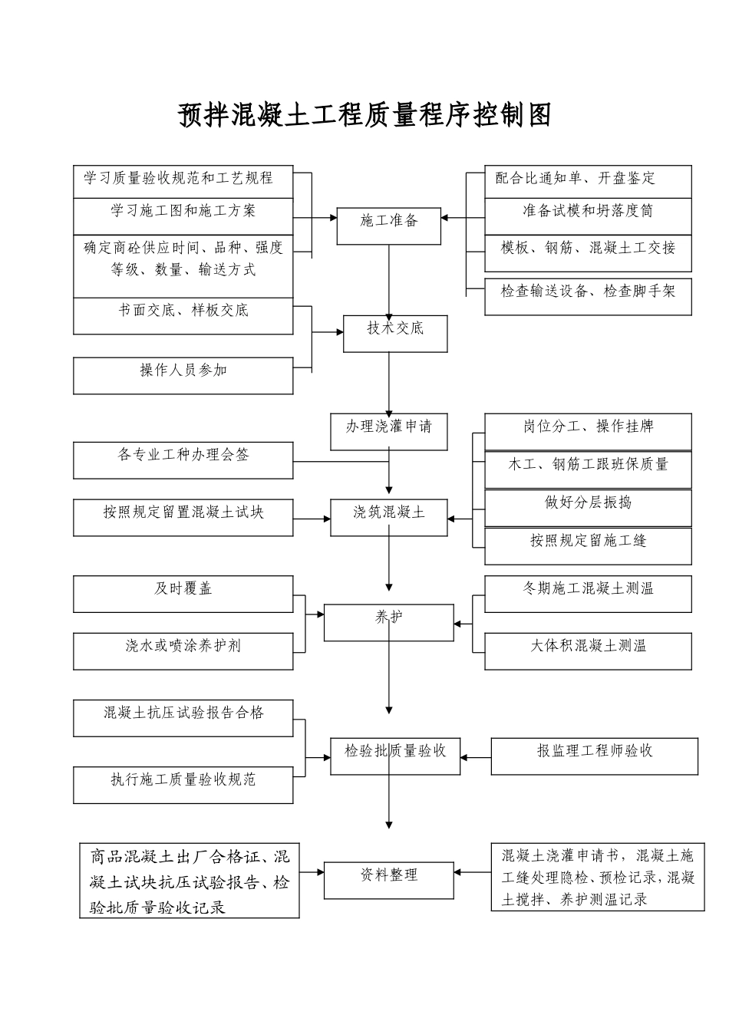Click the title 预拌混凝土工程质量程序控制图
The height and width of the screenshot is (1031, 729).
coord(364,115)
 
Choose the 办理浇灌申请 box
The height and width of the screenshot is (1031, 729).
coord(388,431)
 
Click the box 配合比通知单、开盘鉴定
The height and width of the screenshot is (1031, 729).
coord(588,181)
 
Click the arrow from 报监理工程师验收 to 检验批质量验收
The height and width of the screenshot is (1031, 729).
coord(476,757)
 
